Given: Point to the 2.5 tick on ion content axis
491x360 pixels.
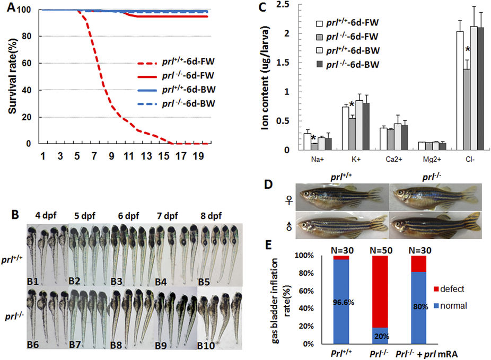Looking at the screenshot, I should click(279, 5).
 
